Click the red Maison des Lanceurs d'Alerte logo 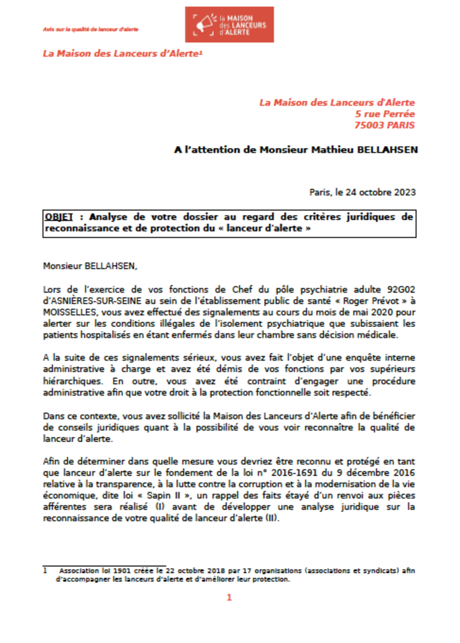click(229, 24)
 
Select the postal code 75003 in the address click(370, 125)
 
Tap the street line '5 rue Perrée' click(385, 114)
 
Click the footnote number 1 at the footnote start click(45, 570)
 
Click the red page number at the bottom click(229, 597)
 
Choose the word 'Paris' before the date click(320, 192)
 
